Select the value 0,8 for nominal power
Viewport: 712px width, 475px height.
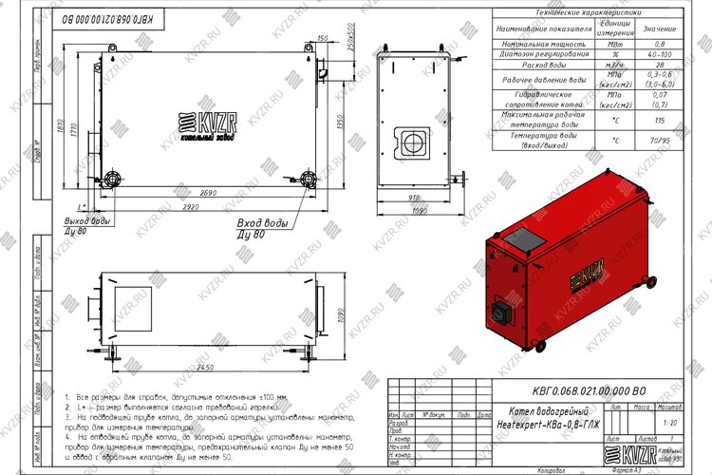(x=660, y=44)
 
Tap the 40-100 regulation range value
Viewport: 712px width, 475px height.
(x=660, y=54)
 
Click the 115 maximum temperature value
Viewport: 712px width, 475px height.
(x=660, y=120)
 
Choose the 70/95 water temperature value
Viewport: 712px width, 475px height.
(x=660, y=141)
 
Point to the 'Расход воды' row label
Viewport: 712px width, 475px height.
(x=543, y=65)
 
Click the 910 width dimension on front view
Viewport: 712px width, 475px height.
(x=414, y=196)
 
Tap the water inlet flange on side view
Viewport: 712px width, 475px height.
(x=309, y=177)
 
